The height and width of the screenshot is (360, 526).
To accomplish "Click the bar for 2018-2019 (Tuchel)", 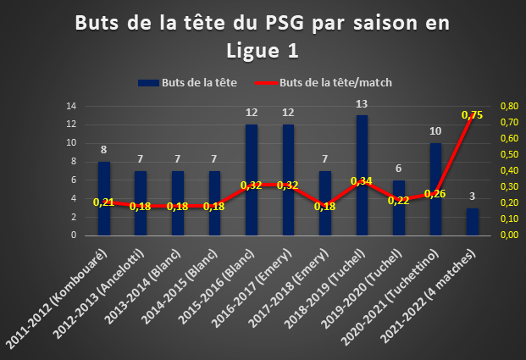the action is point(362,175).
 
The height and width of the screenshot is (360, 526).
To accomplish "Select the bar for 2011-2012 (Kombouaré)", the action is point(104,198).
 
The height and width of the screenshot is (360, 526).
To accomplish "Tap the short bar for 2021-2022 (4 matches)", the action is point(473,222).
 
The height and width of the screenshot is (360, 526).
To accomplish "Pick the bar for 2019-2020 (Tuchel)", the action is point(399,208).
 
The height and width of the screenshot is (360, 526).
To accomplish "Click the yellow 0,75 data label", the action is point(472,115).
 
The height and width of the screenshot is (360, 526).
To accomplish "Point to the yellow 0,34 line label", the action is point(362,181).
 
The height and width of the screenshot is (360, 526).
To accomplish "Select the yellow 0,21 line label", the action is point(103,202).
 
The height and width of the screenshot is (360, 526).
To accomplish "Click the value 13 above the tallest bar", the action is point(362,104).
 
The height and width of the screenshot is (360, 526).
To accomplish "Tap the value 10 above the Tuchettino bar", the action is point(435,131).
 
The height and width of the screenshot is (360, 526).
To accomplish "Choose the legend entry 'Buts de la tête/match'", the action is point(323,82).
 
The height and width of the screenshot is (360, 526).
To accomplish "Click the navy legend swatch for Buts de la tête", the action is point(148,83).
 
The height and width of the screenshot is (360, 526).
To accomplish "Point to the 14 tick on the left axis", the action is point(71,107).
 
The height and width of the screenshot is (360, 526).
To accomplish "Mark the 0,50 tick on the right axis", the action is point(510,154).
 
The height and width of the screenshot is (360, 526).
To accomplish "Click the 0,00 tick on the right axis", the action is point(510,235).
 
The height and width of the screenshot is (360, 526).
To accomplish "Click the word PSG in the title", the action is point(285,23).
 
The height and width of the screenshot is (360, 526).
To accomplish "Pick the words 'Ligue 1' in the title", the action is point(263,51).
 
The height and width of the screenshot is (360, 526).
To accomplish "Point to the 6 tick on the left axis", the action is point(74,180).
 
